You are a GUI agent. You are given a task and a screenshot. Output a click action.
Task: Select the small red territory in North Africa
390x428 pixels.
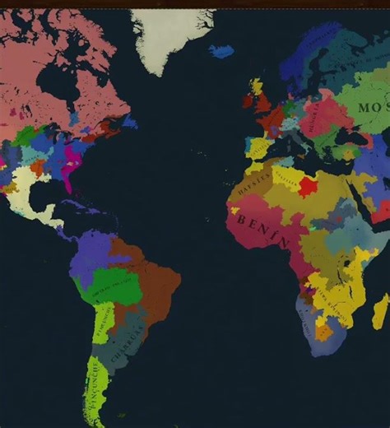tap(308, 186)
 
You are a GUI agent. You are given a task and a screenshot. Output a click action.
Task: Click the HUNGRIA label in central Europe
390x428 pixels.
tap(320, 114)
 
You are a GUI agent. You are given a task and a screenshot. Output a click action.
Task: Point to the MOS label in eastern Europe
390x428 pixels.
tap(374, 108)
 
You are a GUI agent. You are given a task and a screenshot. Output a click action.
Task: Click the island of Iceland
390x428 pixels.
tap(221, 51)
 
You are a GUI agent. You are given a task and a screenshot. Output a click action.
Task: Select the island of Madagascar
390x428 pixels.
tap(379, 313)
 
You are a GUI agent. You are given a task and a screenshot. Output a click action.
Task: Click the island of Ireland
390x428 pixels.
tap(247, 101)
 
